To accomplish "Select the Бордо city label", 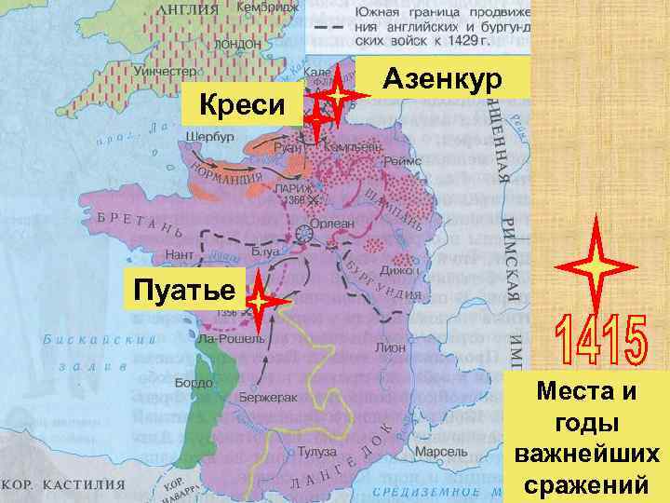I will click(194, 383).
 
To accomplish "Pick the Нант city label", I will click(180, 253).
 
